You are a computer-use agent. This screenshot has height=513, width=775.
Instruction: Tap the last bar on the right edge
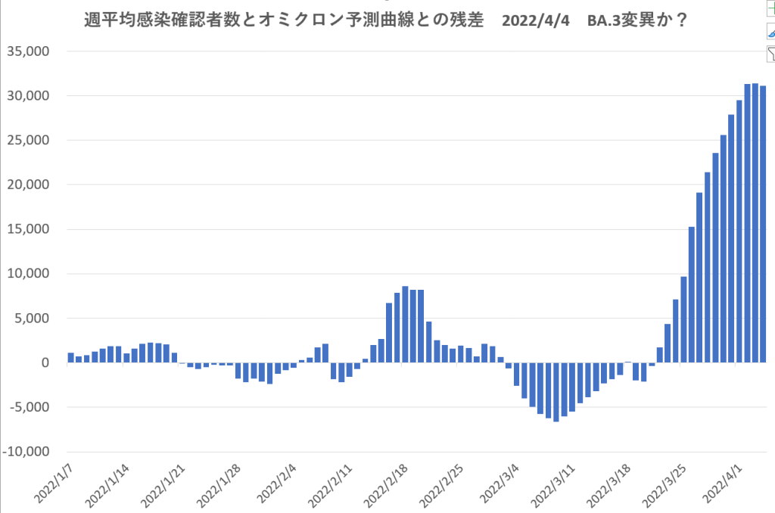click(x=763, y=224)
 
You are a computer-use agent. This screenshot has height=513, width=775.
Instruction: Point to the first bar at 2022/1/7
click(x=70, y=358)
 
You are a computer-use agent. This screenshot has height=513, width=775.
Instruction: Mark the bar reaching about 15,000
click(x=691, y=294)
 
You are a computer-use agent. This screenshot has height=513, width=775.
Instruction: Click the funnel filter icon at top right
click(x=770, y=53)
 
